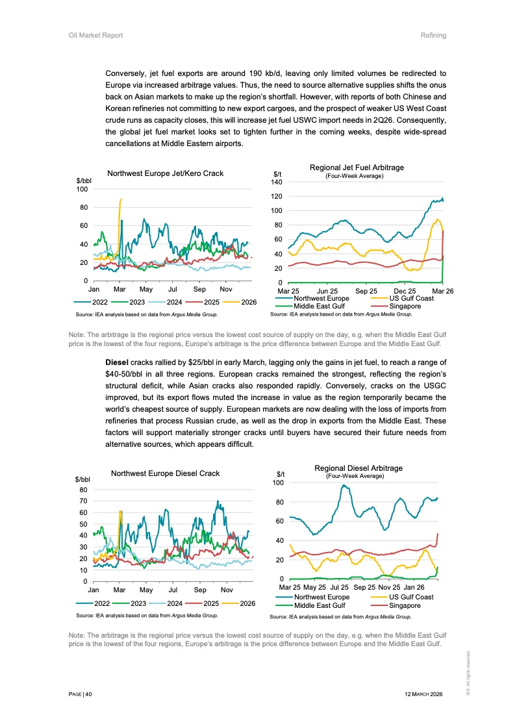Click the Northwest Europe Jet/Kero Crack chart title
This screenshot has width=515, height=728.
pos(165,173)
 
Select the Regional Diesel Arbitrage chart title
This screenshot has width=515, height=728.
pos(358,468)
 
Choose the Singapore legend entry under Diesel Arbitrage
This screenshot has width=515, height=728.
pos(405,605)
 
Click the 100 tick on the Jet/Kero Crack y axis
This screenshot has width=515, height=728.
pos(82,190)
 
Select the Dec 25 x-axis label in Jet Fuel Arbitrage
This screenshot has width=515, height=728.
pos(405,291)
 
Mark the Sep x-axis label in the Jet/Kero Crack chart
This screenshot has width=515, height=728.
pos(199,288)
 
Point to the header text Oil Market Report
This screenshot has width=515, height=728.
pos(95,35)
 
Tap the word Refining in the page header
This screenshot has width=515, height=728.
pos(433,35)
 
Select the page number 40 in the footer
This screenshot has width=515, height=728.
pos(88,694)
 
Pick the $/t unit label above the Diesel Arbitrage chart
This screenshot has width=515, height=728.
pos(281,474)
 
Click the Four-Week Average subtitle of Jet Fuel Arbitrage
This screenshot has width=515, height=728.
pos(355,176)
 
